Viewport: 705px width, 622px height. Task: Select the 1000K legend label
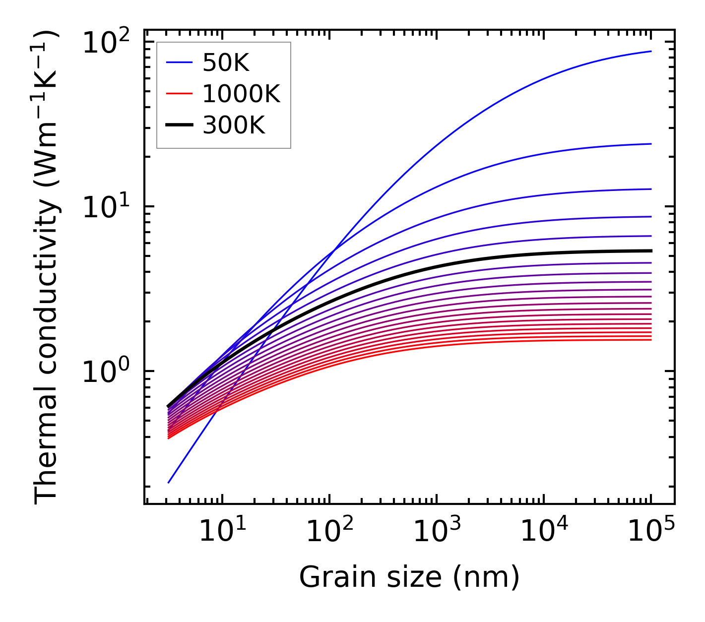[241, 94]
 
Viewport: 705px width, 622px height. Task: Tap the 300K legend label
[234, 125]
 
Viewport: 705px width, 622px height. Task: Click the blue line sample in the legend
[179, 62]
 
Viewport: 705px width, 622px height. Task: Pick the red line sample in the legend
[179, 94]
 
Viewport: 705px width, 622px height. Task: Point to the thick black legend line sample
[179, 125]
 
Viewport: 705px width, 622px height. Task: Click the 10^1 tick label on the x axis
[222, 531]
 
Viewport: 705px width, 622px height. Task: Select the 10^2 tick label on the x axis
[329, 531]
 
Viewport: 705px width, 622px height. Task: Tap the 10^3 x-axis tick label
[436, 531]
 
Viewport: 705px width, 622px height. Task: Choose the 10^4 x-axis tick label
[543, 531]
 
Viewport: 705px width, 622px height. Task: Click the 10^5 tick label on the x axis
[650, 531]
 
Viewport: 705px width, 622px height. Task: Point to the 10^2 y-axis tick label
[105, 43]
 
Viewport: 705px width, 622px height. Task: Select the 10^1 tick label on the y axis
[105, 207]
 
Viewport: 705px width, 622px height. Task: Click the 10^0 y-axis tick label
[105, 372]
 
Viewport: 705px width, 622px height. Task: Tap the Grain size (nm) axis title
[409, 577]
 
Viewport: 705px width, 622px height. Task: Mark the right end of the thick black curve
[651, 250]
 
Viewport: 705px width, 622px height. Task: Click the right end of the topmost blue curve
[651, 51]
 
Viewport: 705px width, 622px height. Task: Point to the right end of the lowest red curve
[651, 339]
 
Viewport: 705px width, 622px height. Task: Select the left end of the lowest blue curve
[169, 483]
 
